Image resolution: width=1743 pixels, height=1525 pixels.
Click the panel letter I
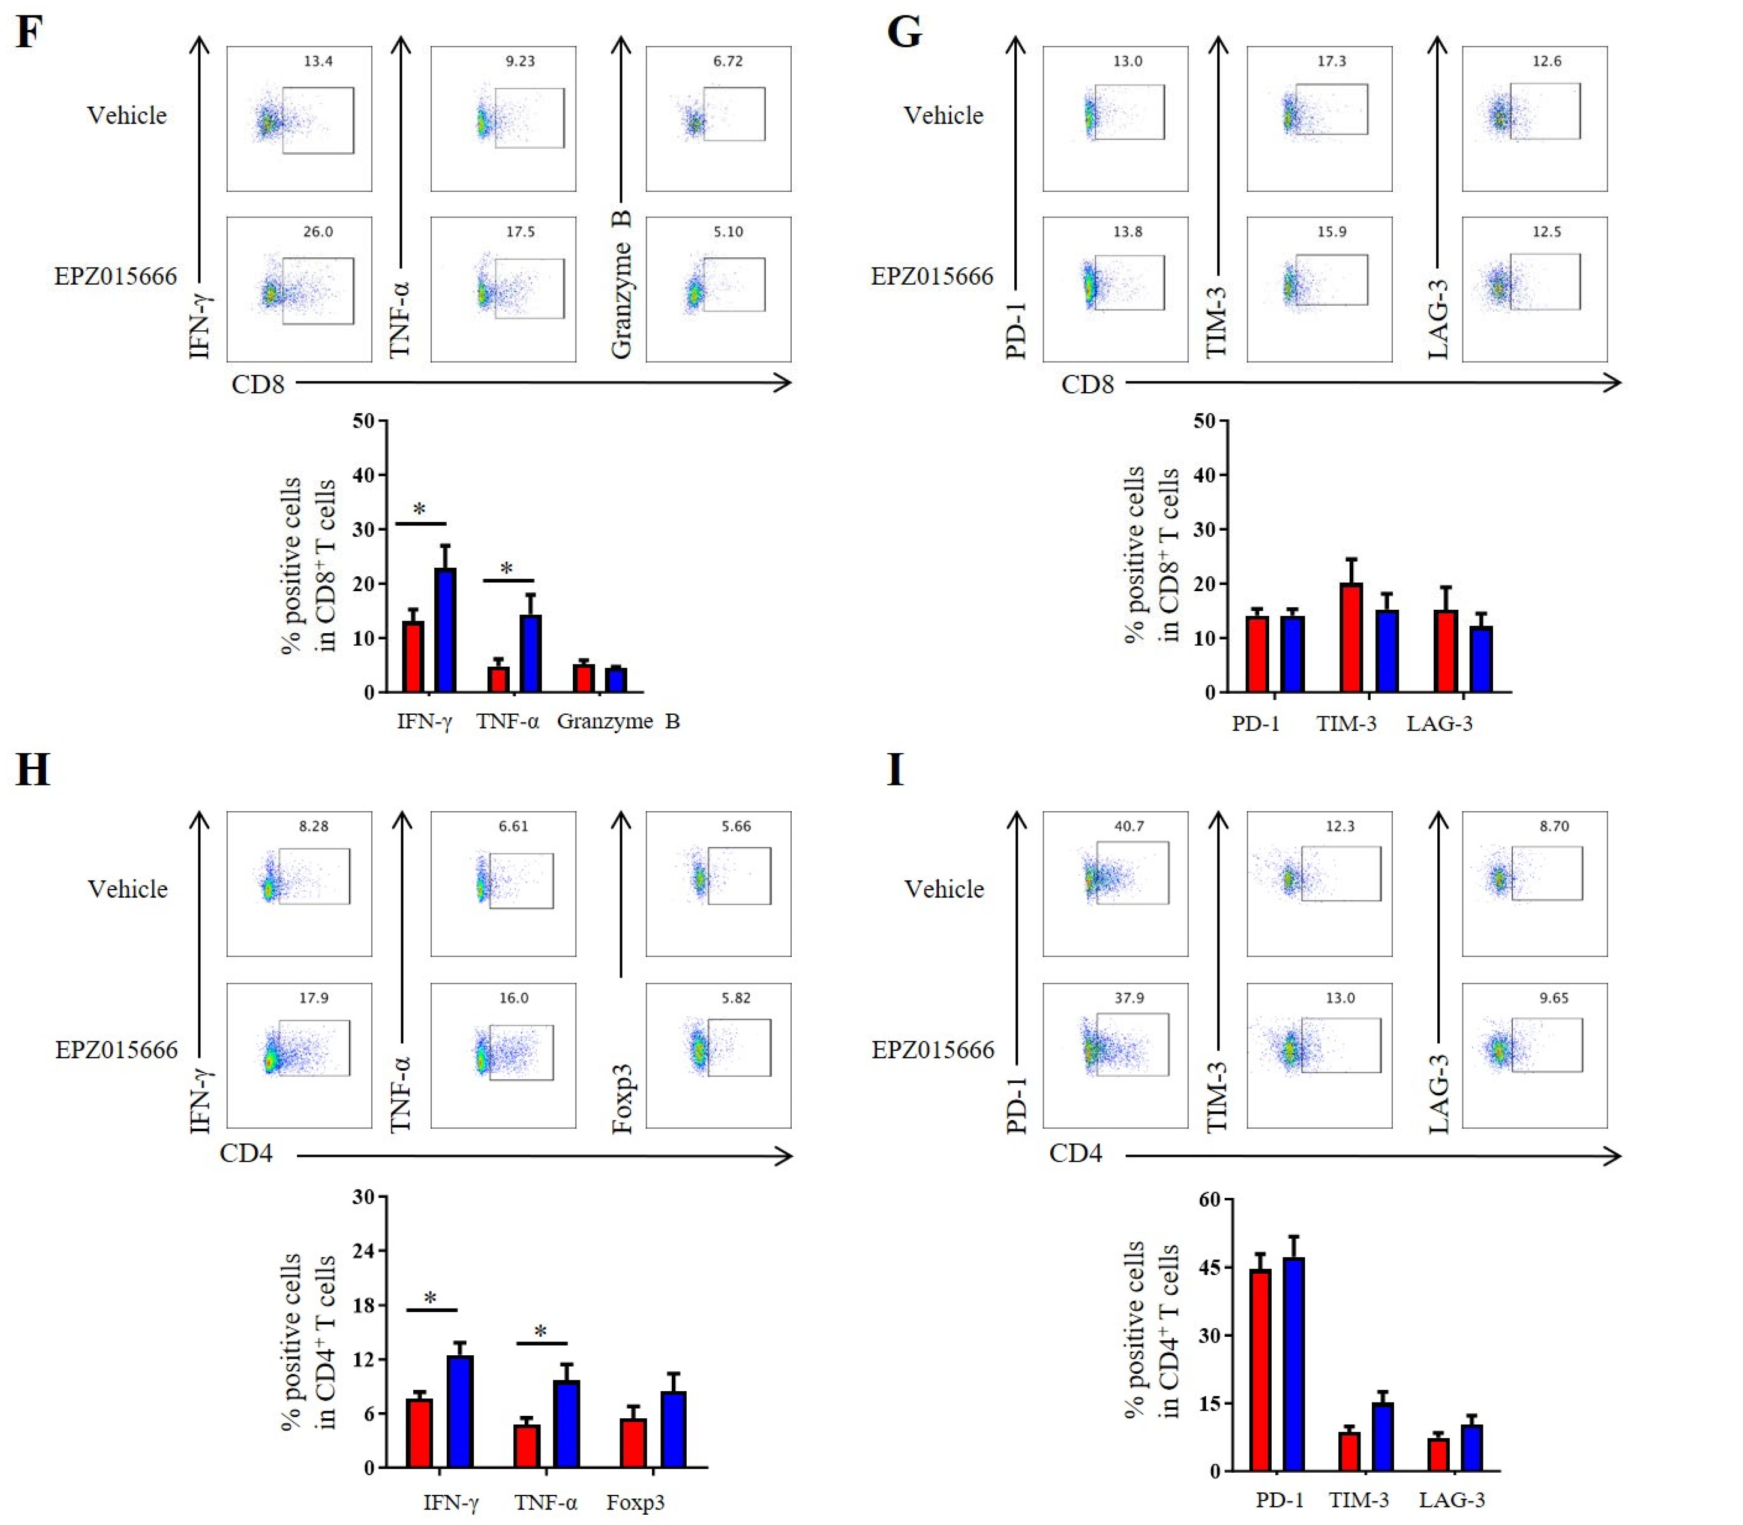point(894,769)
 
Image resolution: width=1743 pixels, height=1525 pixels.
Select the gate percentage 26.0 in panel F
point(317,231)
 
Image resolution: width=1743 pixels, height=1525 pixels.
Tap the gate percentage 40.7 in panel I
point(1129,826)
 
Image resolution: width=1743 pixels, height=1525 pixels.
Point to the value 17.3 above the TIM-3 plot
point(1331,61)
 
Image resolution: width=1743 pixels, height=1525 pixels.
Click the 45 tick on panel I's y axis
point(1209,1267)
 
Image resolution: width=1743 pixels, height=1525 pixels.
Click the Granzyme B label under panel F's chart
point(618,721)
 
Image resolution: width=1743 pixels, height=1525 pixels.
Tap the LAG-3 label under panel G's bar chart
point(1438,724)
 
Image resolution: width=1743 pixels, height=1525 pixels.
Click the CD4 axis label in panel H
point(246,1153)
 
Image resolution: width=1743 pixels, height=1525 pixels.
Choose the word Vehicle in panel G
point(943,116)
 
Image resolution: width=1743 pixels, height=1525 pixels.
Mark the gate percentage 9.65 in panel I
point(1553,997)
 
